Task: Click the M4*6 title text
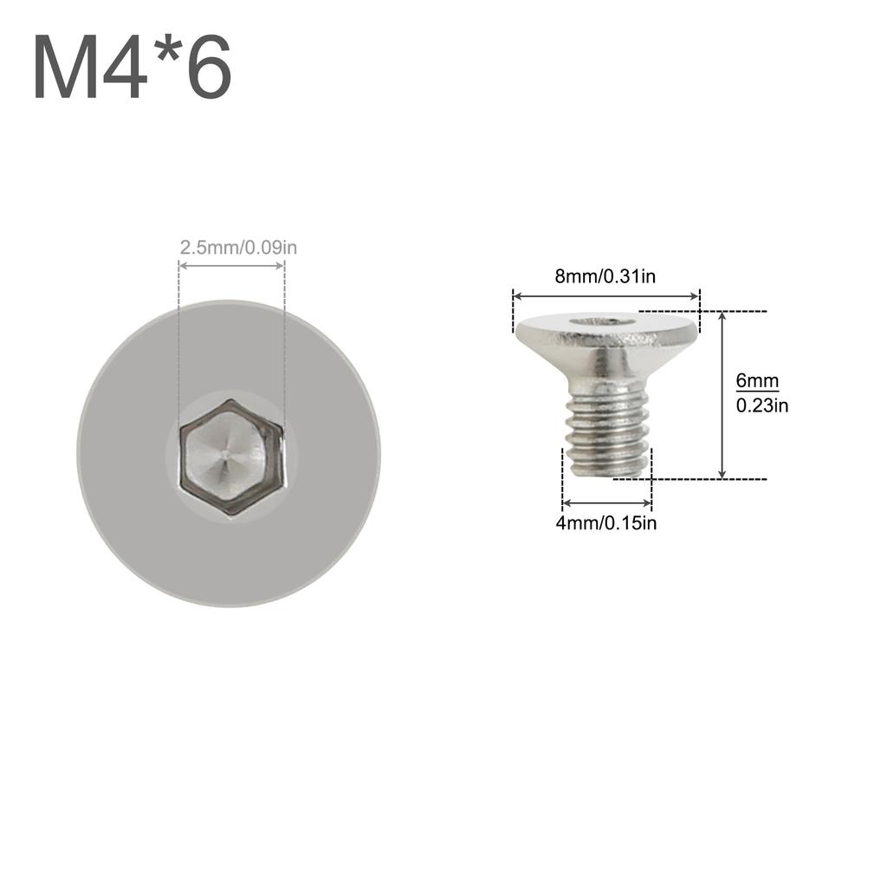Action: pyautogui.click(x=133, y=68)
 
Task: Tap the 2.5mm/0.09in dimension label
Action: pyautogui.click(x=238, y=248)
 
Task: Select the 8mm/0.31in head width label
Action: pyautogui.click(x=605, y=277)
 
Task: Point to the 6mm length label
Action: pyautogui.click(x=757, y=381)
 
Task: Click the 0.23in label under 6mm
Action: pyautogui.click(x=761, y=405)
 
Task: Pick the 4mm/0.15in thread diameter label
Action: pyautogui.click(x=606, y=522)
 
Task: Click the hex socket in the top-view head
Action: pyautogui.click(x=231, y=456)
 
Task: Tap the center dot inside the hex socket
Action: pyautogui.click(x=224, y=451)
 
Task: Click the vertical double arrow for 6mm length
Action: pyautogui.click(x=722, y=394)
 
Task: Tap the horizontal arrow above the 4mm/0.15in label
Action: pyautogui.click(x=606, y=503)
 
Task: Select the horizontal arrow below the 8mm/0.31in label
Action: pyautogui.click(x=605, y=296)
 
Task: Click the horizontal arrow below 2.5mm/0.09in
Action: pyautogui.click(x=231, y=265)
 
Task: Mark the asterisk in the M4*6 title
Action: pyautogui.click(x=164, y=51)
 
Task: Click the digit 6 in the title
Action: pyautogui.click(x=207, y=68)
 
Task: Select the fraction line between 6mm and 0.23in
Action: pyautogui.click(x=757, y=392)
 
